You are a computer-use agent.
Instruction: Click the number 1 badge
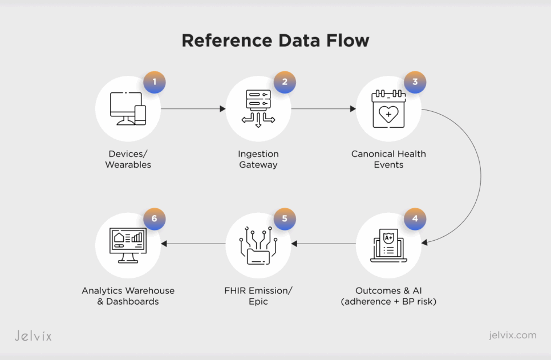(154, 82)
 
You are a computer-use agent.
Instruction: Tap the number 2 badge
(285, 82)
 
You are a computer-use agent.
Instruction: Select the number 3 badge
(415, 82)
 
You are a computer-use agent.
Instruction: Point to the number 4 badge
(415, 219)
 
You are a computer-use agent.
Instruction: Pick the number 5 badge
(285, 219)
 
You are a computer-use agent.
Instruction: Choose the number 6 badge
(154, 219)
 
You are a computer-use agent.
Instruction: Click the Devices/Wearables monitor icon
(128, 108)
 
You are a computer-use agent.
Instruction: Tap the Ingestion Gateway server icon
(258, 108)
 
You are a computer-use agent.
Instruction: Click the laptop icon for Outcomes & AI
(388, 245)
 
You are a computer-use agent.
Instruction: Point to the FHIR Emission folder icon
(258, 245)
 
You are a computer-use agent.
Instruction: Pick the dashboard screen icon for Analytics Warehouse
(128, 245)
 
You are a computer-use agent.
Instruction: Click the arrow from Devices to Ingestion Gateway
(193, 108)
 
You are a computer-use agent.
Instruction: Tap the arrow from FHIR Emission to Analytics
(193, 244)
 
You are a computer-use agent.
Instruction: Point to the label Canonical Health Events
(388, 159)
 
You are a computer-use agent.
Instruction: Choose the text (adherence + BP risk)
(388, 301)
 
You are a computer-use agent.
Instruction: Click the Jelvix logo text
(33, 335)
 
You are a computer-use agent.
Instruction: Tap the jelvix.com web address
(512, 335)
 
